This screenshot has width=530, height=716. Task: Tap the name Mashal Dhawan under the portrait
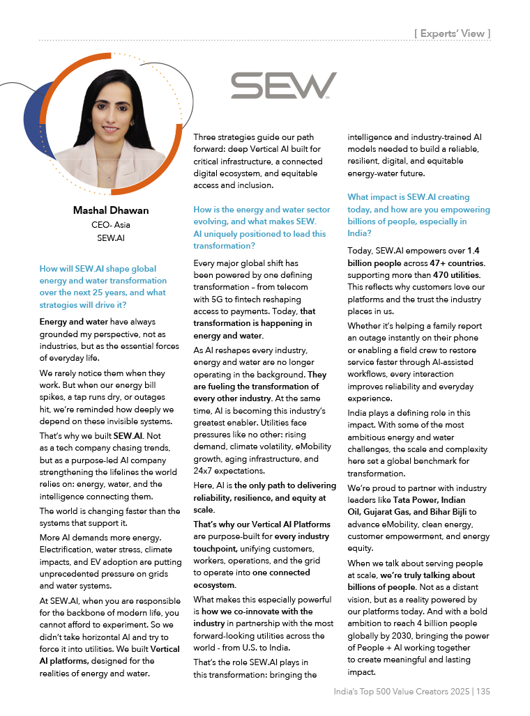(111, 210)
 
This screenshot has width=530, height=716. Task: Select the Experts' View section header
(452, 33)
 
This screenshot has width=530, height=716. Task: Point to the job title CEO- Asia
(111, 225)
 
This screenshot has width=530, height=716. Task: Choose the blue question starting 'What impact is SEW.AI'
(418, 215)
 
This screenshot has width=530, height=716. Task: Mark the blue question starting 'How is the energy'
(262, 228)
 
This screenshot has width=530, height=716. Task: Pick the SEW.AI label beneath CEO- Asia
(111, 238)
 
